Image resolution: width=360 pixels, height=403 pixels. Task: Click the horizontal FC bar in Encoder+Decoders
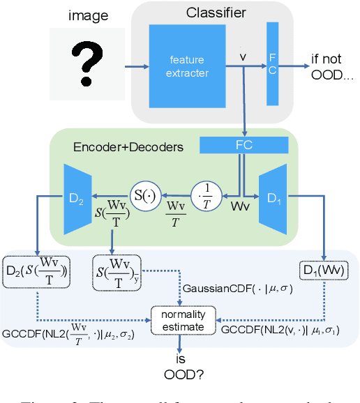[243, 145]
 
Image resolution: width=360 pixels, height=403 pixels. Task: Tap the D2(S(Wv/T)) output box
[36, 272]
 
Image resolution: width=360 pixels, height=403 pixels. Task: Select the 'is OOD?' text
[180, 366]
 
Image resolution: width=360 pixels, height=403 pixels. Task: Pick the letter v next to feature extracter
[242, 54]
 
